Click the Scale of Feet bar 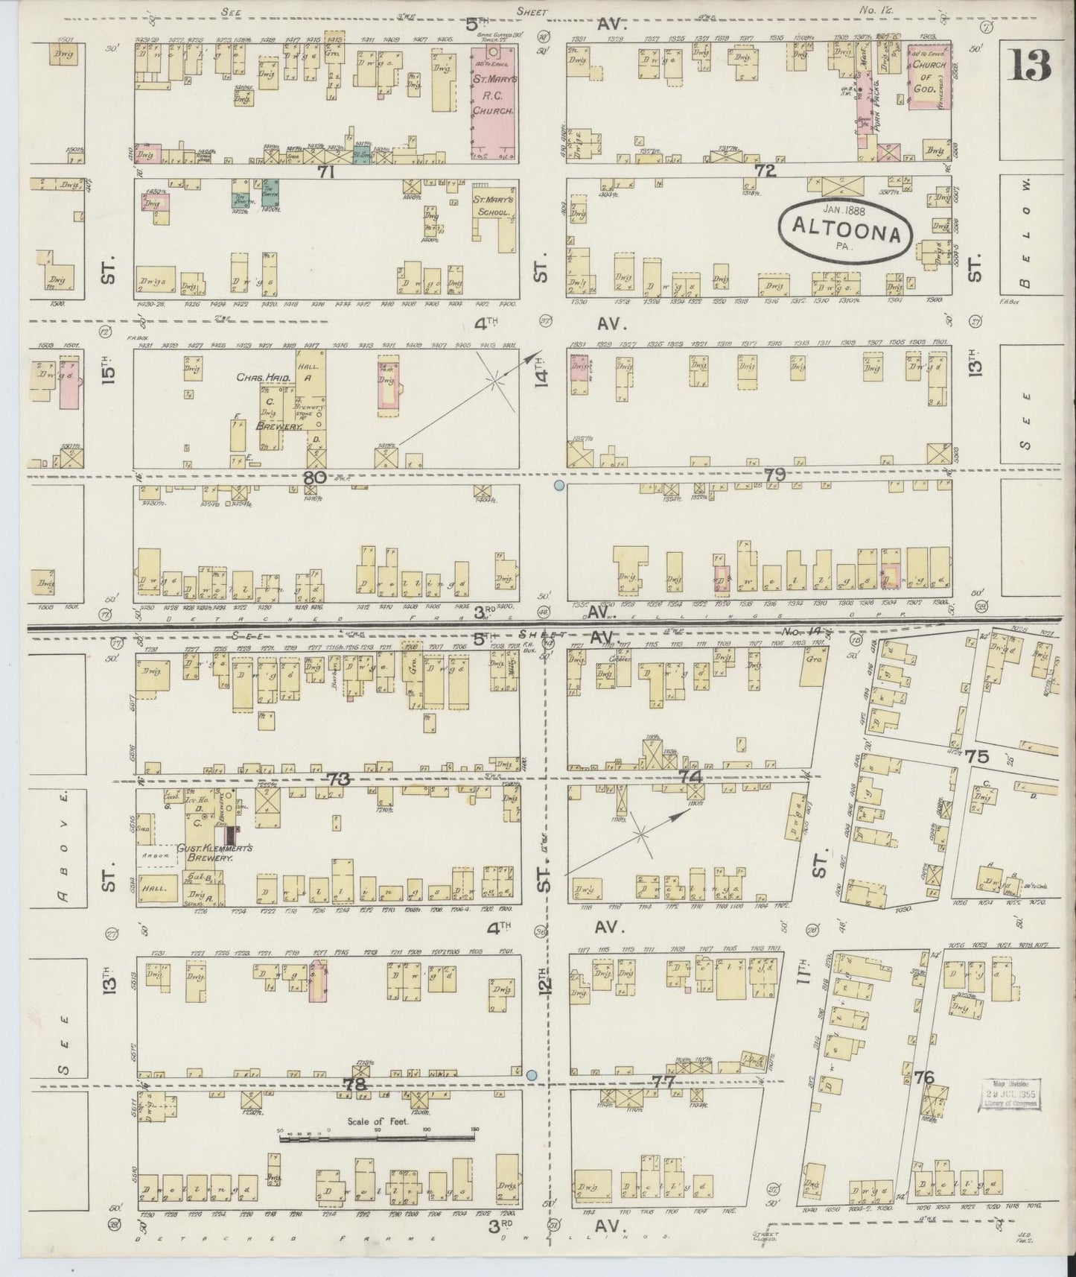pyautogui.click(x=376, y=1138)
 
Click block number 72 pyautogui.click(x=765, y=171)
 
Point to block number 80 pyautogui.click(x=314, y=478)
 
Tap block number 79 pyautogui.click(x=774, y=474)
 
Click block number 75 pyautogui.click(x=976, y=756)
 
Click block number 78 pyautogui.click(x=355, y=1085)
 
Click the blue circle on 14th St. pyautogui.click(x=558, y=486)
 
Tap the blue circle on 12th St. pyautogui.click(x=531, y=1075)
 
